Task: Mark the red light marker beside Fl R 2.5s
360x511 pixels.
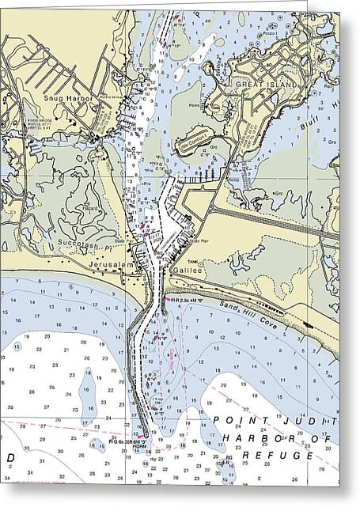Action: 165,300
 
